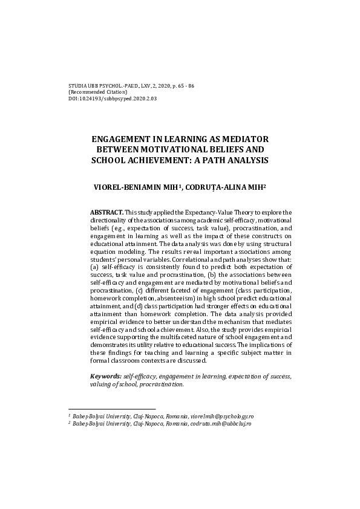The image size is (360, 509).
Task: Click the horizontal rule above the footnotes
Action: tap(112, 409)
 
